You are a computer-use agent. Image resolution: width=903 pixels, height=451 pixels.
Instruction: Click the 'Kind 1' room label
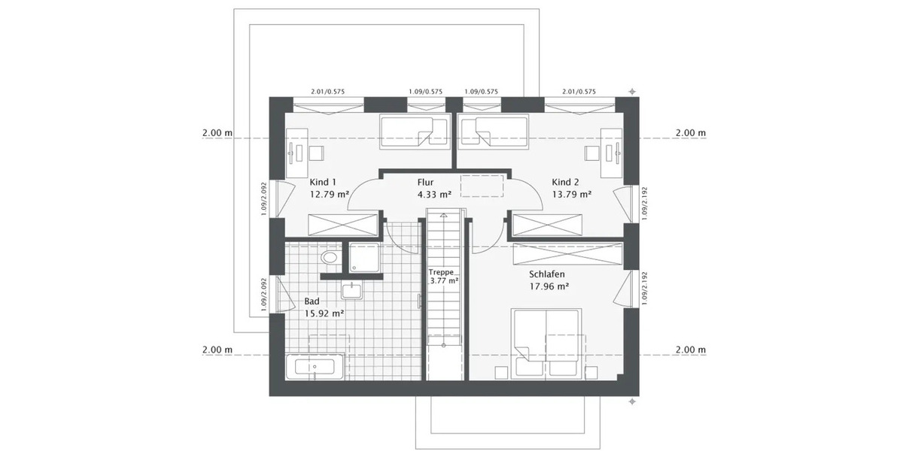pyautogui.click(x=324, y=182)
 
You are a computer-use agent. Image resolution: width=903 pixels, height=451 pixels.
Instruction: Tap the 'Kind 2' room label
pyautogui.click(x=565, y=182)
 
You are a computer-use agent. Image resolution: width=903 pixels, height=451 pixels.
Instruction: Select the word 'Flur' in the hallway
pyautogui.click(x=426, y=182)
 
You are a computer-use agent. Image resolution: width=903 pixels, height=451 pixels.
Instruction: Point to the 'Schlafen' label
pyautogui.click(x=546, y=274)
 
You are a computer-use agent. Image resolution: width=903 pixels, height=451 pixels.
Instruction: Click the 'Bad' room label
pyautogui.click(x=312, y=301)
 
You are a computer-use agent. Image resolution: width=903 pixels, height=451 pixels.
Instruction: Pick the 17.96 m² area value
pyautogui.click(x=546, y=286)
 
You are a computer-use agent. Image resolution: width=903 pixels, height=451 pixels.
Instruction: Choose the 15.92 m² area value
pyautogui.click(x=324, y=313)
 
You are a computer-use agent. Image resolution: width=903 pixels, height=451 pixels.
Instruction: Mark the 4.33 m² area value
pyautogui.click(x=434, y=194)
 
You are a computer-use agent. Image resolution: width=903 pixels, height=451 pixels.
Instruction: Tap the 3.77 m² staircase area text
pyautogui.click(x=443, y=281)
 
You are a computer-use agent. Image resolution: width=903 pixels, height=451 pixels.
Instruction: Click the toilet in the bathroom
pyautogui.click(x=330, y=258)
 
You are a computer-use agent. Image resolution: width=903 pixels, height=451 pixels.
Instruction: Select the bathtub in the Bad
pyautogui.click(x=315, y=368)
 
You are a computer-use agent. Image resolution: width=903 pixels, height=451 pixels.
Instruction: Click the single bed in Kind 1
pyautogui.click(x=406, y=131)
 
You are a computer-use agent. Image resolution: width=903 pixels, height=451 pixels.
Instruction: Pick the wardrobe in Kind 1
pyautogui.click(x=343, y=224)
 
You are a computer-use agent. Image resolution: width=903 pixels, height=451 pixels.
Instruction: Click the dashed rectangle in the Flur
pyautogui.click(x=482, y=185)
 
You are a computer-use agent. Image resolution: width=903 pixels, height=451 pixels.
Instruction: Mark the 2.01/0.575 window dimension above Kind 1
pyautogui.click(x=327, y=92)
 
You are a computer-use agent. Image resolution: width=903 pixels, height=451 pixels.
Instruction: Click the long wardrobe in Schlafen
pyautogui.click(x=566, y=253)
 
